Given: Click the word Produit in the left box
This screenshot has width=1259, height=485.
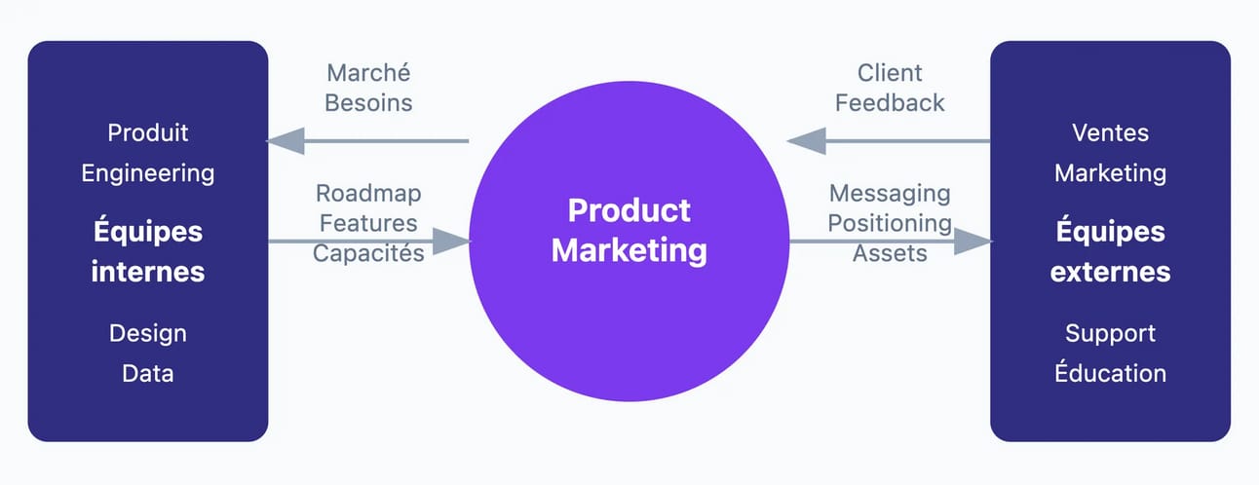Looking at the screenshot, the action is click(x=148, y=133).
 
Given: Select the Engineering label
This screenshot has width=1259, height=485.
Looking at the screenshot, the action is click(x=148, y=174).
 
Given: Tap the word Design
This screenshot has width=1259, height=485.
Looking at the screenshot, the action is click(x=148, y=334).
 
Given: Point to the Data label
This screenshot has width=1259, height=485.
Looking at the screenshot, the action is click(x=148, y=374).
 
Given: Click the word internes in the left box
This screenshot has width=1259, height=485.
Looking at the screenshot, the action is click(x=148, y=272).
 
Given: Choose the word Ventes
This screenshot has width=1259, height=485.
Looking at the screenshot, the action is click(x=1110, y=133).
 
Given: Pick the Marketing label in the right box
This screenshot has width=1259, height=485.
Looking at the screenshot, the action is click(x=1110, y=174).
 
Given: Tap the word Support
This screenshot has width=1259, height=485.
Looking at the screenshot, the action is click(x=1110, y=334).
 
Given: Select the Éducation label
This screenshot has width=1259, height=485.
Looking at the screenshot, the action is click(x=1110, y=372).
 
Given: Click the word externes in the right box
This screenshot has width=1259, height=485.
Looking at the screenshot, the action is click(x=1110, y=272).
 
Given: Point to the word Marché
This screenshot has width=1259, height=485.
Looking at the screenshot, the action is click(x=368, y=72).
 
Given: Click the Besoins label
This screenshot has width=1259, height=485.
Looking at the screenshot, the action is click(x=368, y=103).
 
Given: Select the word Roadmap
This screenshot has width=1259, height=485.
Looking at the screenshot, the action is click(x=368, y=194).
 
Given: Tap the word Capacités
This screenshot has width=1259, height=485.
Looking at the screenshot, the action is click(x=368, y=253).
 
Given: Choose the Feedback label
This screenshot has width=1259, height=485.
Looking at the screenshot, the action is click(x=890, y=103).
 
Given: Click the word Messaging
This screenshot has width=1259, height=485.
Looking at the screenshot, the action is click(x=890, y=195).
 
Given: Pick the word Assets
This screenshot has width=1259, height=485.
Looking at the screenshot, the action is click(x=890, y=254).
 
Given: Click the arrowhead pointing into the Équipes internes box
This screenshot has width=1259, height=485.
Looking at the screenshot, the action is click(x=286, y=141).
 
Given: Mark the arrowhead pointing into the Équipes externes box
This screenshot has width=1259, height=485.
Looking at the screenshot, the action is click(x=973, y=242).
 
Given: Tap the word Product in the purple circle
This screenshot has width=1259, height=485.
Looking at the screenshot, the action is click(x=629, y=211).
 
